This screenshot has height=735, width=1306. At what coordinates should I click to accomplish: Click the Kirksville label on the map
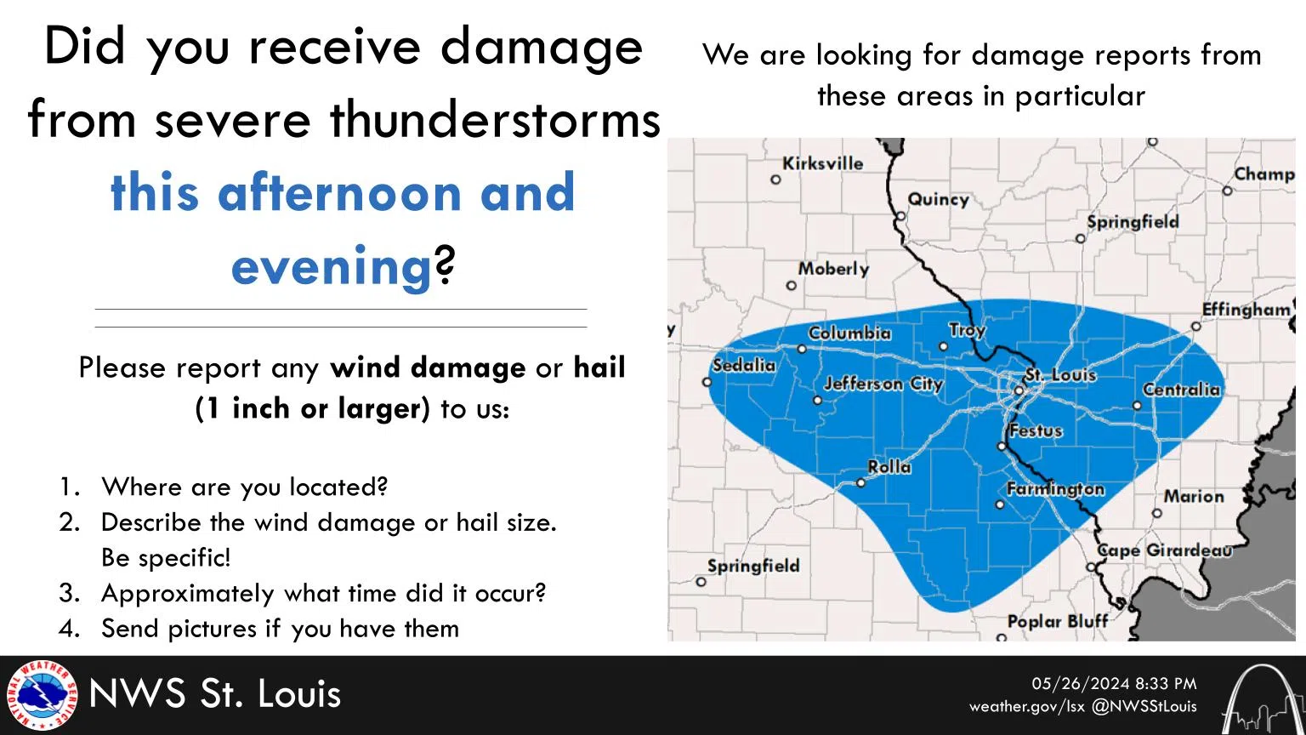pos(822,163)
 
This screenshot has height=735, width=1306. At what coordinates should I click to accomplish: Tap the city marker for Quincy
pos(901,216)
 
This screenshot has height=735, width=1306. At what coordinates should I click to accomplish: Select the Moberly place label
pos(833,269)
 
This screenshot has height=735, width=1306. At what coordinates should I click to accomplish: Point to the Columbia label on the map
pos(849,333)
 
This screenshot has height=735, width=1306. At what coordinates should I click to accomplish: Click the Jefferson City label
pos(883,384)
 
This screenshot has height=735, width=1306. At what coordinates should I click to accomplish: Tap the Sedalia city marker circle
pos(707,382)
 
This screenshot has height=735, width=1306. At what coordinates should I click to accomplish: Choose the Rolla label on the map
pos(889,466)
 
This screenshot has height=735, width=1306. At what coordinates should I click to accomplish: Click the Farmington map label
pos(1055,488)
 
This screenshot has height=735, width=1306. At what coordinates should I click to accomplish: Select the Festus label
pos(1036,430)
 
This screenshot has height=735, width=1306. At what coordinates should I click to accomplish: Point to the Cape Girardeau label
pos(1164,550)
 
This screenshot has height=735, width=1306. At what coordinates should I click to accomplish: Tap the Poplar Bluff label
pos(1057,621)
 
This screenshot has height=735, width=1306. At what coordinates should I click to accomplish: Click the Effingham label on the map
pos(1246,309)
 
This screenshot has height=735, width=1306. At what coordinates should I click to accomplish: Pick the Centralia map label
pos(1181,389)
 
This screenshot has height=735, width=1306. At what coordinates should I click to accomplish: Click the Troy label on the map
pos(967,329)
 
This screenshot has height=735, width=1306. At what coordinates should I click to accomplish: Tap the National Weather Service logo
pos(42,695)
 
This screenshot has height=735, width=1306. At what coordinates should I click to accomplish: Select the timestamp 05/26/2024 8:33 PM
pos(1114,684)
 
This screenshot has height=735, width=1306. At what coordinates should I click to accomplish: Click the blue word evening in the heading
pos(332,266)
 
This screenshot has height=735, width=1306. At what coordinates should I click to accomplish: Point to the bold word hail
pos(599,367)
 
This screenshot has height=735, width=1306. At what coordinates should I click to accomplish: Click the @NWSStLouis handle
pos(1144,706)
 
